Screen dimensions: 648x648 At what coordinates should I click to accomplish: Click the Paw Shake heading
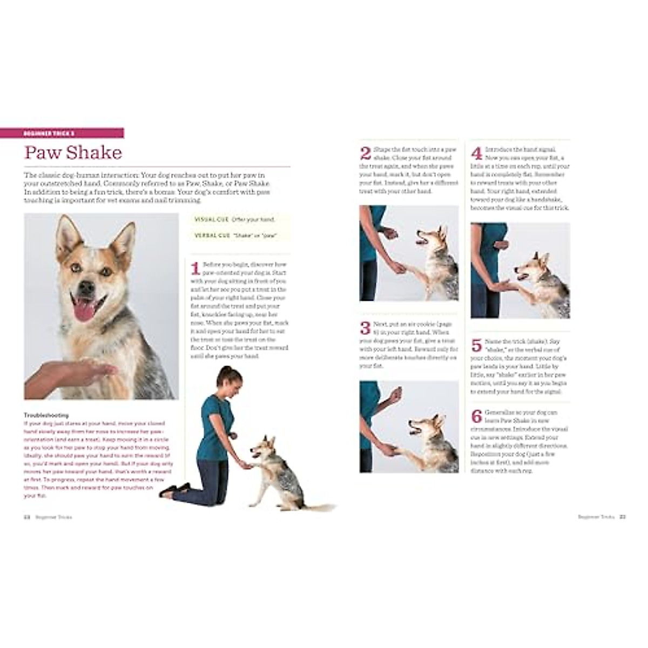click(73, 153)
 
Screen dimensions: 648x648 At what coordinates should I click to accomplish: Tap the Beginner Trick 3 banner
click(74, 133)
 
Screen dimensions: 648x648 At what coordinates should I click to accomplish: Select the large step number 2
click(366, 153)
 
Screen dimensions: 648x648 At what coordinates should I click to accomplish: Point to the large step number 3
click(366, 328)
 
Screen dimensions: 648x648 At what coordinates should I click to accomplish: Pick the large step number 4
click(477, 153)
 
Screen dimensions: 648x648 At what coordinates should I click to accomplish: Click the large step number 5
click(477, 346)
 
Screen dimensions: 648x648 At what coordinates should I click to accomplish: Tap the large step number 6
click(477, 416)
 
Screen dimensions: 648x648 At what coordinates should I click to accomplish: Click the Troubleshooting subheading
click(46, 415)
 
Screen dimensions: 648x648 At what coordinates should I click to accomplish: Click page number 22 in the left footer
click(26, 517)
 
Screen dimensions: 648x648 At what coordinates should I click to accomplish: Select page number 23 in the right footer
click(622, 517)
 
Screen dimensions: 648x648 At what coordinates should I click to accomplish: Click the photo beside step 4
click(519, 270)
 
